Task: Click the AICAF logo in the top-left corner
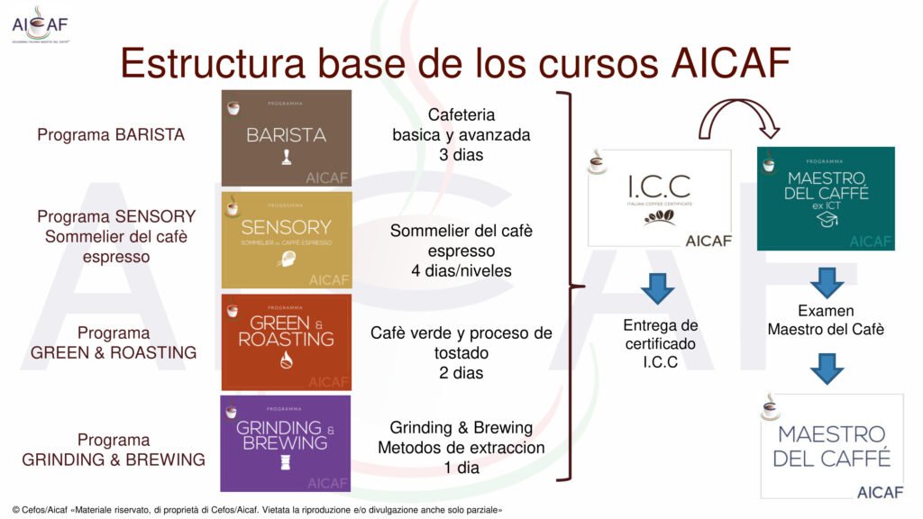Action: [39, 24]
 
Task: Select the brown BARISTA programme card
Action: [286, 138]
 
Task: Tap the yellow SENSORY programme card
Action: [286, 240]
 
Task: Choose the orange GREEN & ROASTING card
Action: [286, 341]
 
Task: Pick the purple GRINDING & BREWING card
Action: [286, 442]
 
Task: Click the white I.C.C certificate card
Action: [659, 197]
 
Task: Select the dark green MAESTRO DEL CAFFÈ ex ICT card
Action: [826, 197]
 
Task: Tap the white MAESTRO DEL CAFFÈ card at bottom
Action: [831, 445]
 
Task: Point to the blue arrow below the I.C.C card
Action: [659, 287]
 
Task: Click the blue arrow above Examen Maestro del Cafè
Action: [826, 281]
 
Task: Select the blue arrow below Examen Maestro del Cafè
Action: [826, 368]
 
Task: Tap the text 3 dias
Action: [461, 155]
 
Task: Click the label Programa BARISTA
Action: [111, 135]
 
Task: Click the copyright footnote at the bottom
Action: [257, 510]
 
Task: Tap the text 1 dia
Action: [461, 468]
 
